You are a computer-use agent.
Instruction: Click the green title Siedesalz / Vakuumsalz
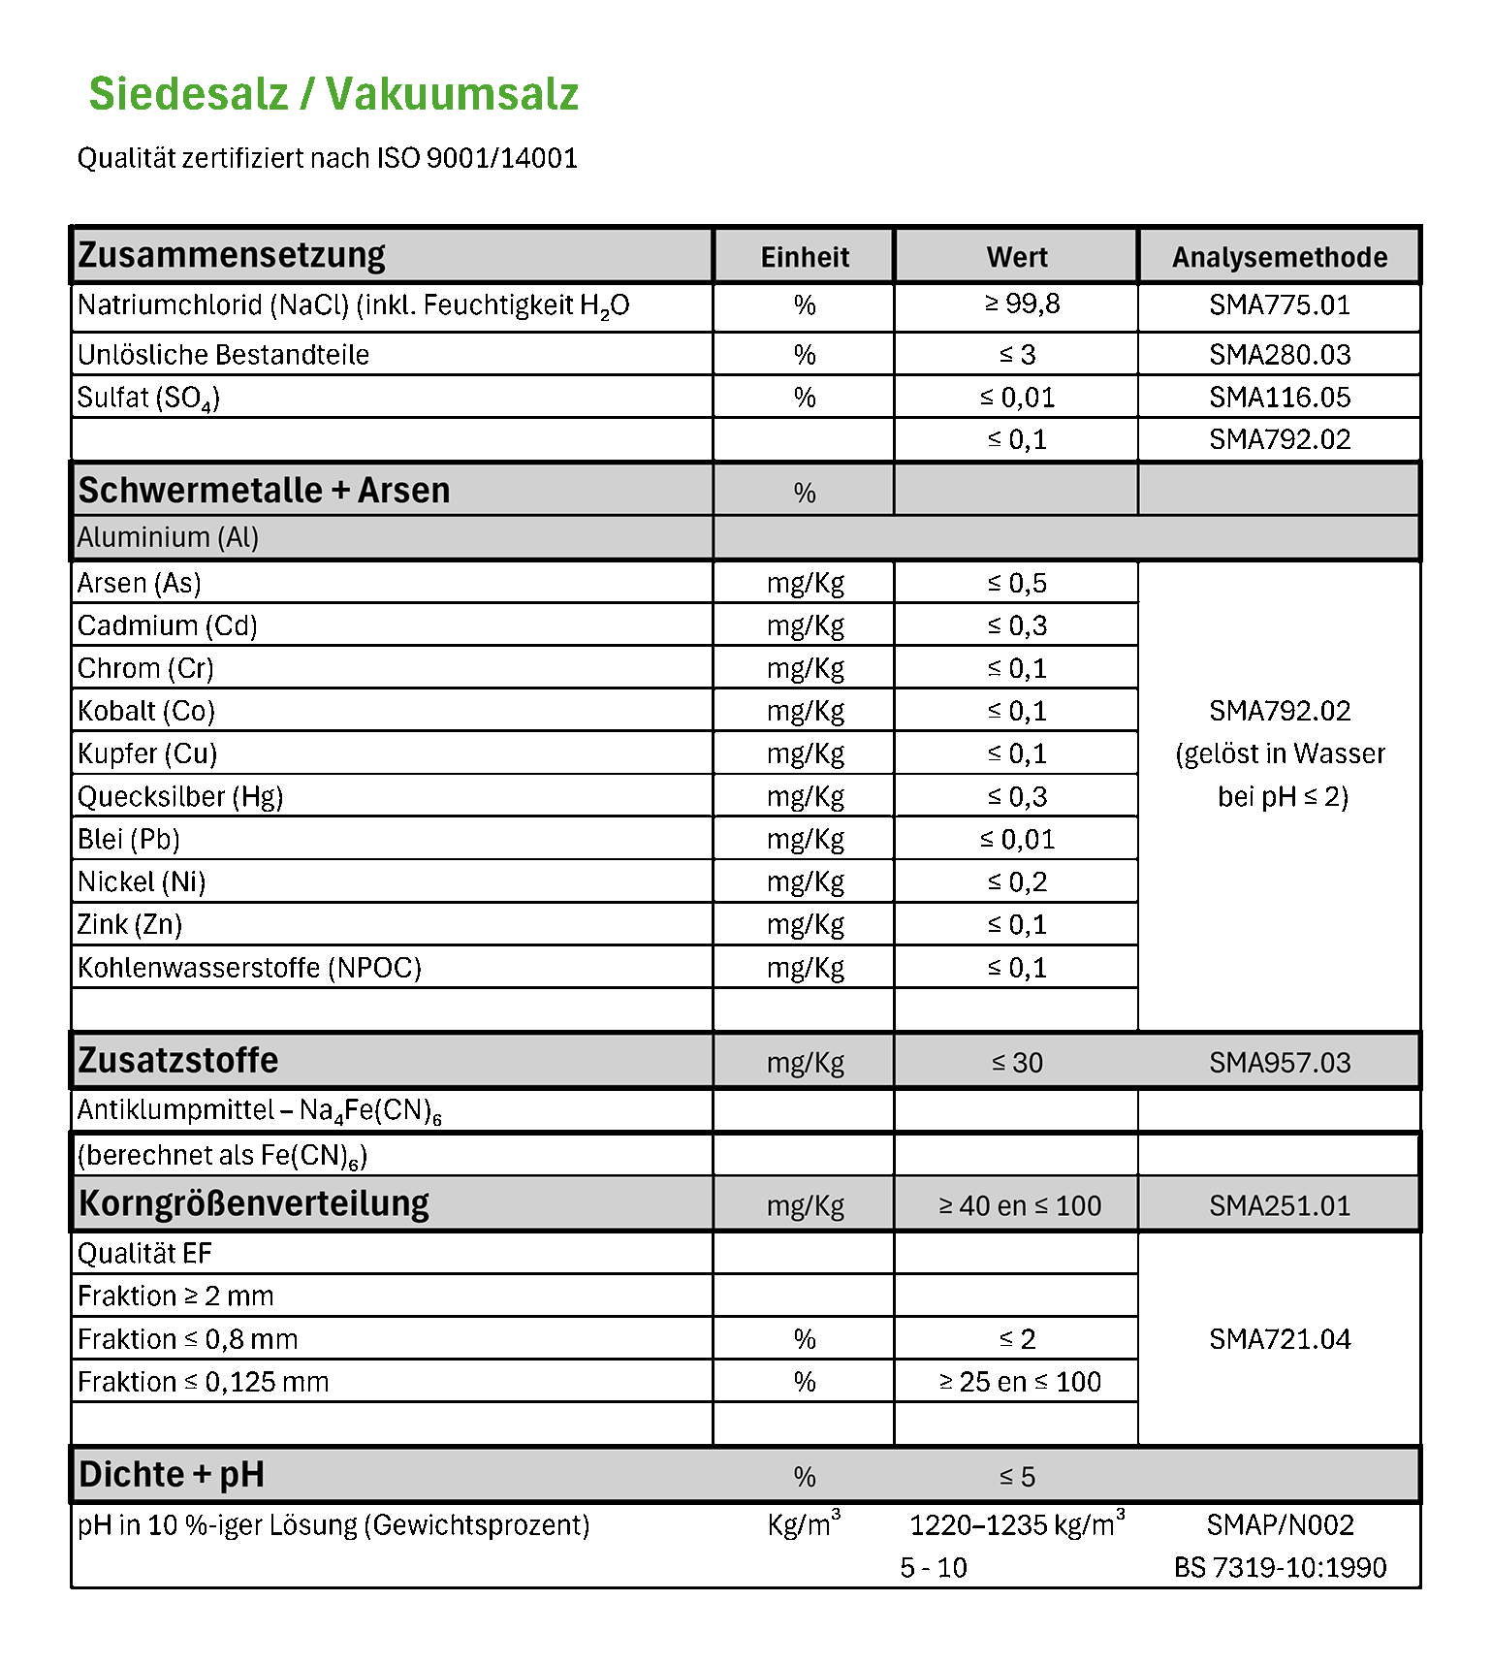(333, 94)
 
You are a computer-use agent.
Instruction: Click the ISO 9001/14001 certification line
(327, 158)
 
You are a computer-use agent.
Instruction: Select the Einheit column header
(805, 257)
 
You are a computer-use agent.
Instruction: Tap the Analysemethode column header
(1280, 257)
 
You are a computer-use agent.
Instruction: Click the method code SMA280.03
(1280, 355)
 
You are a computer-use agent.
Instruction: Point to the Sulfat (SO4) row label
(148, 398)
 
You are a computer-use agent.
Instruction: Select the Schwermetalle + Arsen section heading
(264, 491)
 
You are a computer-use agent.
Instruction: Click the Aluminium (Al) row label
(168, 537)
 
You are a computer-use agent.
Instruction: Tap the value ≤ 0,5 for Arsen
(1017, 584)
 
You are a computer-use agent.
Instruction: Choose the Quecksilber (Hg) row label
(180, 797)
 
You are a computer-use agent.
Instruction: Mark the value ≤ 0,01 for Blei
(1017, 840)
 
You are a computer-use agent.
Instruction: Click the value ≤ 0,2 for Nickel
(1017, 882)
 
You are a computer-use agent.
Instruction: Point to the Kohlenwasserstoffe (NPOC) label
(249, 968)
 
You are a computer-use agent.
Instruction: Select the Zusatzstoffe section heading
(177, 1061)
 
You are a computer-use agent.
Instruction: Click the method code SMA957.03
(1280, 1063)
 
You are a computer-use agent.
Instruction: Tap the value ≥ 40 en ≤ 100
(1020, 1206)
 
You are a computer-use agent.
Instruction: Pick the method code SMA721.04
(1280, 1340)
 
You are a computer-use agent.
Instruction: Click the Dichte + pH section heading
(171, 1475)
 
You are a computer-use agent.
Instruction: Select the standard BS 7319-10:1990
(1280, 1568)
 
